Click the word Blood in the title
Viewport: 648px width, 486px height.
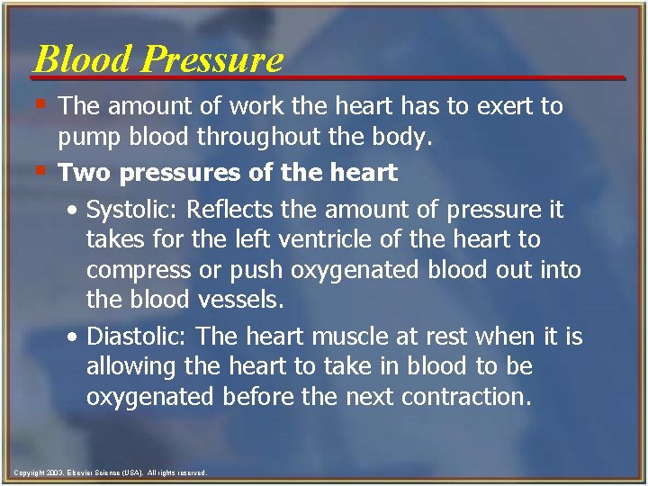(x=83, y=59)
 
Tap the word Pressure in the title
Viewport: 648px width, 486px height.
(x=212, y=59)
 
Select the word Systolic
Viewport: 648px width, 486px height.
(x=133, y=211)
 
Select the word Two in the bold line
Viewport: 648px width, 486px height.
(x=81, y=171)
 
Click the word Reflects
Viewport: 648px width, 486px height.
(x=236, y=211)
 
